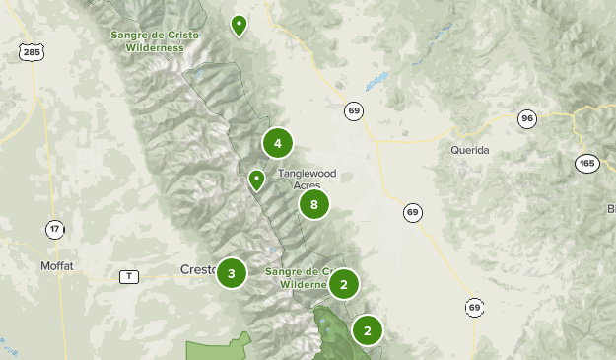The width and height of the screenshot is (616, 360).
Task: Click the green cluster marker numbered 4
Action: (278, 144)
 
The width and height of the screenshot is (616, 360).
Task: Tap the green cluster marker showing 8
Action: (313, 205)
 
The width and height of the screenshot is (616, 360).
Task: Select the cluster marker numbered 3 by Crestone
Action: (231, 273)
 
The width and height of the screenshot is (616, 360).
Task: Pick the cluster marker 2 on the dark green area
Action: (367, 330)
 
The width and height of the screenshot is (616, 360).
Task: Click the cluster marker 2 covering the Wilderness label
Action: (343, 285)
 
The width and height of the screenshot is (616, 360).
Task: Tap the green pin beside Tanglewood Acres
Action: (256, 180)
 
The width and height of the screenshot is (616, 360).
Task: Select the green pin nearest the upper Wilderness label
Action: (238, 25)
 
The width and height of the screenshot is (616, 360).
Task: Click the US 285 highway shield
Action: (32, 52)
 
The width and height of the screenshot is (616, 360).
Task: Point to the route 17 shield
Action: (54, 229)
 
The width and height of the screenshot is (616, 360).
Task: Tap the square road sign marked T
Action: (128, 276)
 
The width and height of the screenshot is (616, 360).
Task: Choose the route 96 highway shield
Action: (527, 119)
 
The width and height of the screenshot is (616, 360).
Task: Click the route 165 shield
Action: (588, 164)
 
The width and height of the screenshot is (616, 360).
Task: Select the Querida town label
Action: (471, 150)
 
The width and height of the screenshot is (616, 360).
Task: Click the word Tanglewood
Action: (307, 173)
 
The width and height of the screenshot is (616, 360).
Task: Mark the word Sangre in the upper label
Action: (129, 35)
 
